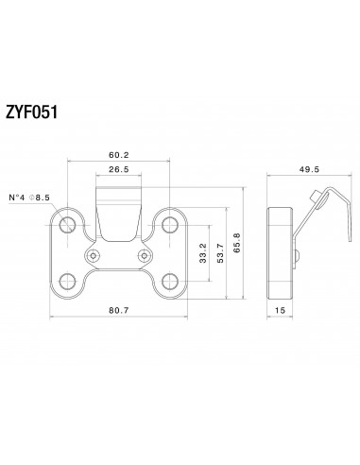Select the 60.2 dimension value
(x=117, y=156)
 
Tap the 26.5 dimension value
(x=117, y=171)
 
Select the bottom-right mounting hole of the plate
(x=170, y=279)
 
